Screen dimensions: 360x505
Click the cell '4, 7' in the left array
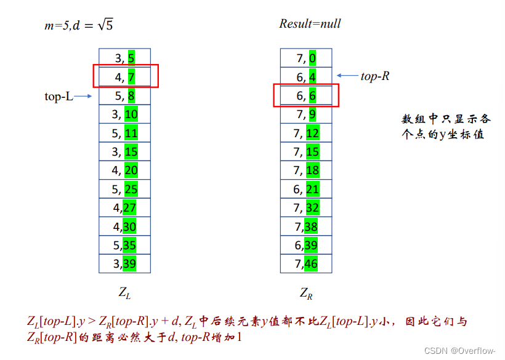click(x=125, y=77)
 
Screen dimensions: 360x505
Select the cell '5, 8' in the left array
click(x=125, y=96)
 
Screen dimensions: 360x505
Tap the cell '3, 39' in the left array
click(x=125, y=264)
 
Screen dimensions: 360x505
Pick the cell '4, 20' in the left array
click(x=125, y=170)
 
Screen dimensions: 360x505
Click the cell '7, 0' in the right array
click(x=306, y=58)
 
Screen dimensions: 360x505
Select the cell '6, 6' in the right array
click(x=306, y=96)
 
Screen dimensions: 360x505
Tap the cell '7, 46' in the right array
click(x=306, y=264)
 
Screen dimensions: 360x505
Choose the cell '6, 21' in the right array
click(x=306, y=189)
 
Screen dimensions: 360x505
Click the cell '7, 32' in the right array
click(x=306, y=208)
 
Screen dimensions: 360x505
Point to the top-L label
click(x=59, y=97)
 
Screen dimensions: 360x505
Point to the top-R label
click(x=375, y=76)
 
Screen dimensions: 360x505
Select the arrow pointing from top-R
click(x=348, y=76)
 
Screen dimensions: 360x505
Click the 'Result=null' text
click(x=310, y=24)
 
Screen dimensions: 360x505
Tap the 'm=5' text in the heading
click(x=55, y=25)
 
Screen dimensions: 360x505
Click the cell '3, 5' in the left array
click(x=125, y=58)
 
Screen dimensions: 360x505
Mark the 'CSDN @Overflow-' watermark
click(x=460, y=350)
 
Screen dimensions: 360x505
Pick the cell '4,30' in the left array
click(x=125, y=226)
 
